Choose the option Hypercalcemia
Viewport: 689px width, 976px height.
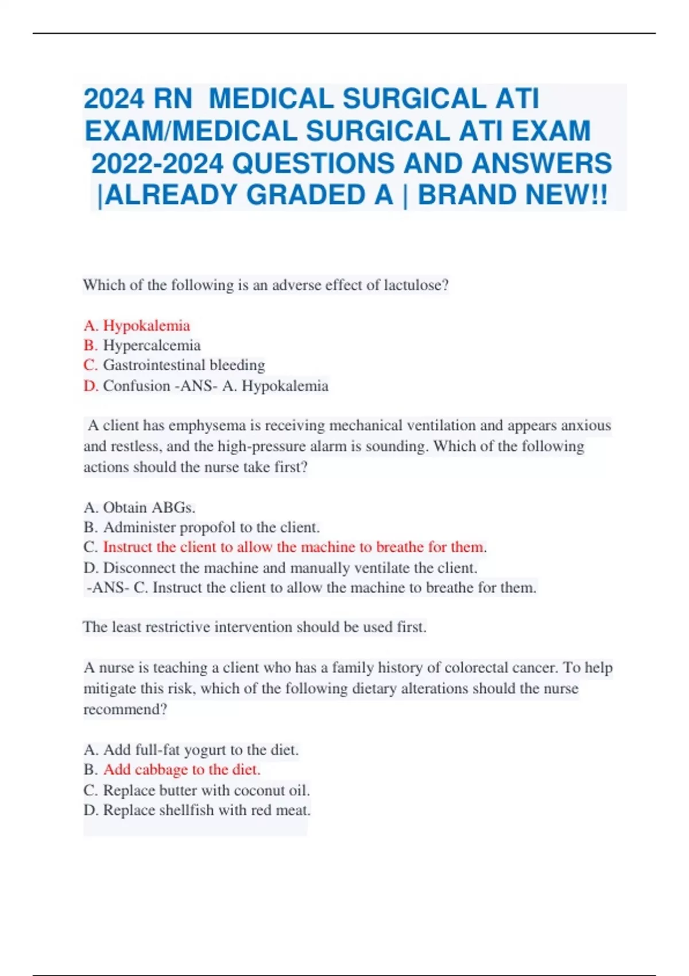(x=152, y=345)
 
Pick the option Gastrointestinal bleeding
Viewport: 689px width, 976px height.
(x=184, y=365)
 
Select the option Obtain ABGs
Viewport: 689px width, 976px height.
(x=149, y=508)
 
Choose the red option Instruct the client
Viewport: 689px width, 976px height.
(x=293, y=547)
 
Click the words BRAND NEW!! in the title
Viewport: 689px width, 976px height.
(x=512, y=195)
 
